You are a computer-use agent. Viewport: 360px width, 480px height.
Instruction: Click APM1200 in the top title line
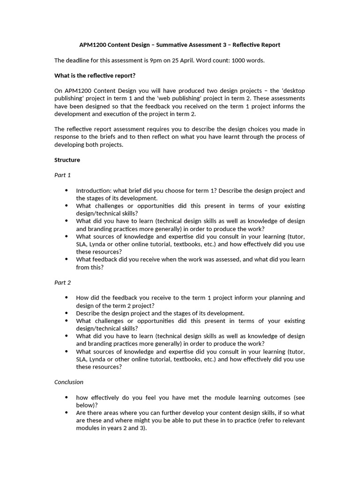click(x=93, y=45)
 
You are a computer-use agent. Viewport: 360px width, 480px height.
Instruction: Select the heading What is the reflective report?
click(x=95, y=75)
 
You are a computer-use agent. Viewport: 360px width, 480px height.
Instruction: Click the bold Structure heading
click(x=67, y=160)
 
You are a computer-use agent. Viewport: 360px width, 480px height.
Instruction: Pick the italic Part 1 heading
click(x=62, y=175)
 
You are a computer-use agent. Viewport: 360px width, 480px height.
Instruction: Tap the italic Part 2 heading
click(x=62, y=283)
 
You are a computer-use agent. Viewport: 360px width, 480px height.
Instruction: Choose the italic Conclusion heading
click(x=69, y=382)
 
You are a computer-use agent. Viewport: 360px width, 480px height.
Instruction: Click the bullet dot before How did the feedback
click(x=67, y=298)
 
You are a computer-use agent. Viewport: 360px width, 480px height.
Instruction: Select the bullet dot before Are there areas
click(x=67, y=413)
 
